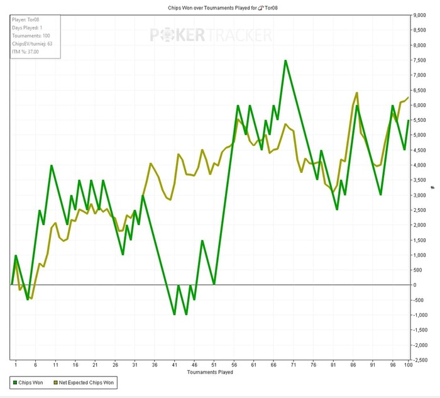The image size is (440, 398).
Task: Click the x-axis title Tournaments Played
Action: coord(210,372)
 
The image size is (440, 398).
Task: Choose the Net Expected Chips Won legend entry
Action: coord(87,382)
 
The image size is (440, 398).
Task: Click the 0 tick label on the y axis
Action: coord(415,285)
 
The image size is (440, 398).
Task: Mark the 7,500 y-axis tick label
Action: coord(419,60)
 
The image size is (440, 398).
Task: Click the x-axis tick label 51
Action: coord(214,364)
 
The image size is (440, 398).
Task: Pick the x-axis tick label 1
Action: coord(16,364)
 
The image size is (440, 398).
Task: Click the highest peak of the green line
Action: coord(285,61)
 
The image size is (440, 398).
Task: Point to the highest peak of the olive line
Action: coord(356,93)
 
